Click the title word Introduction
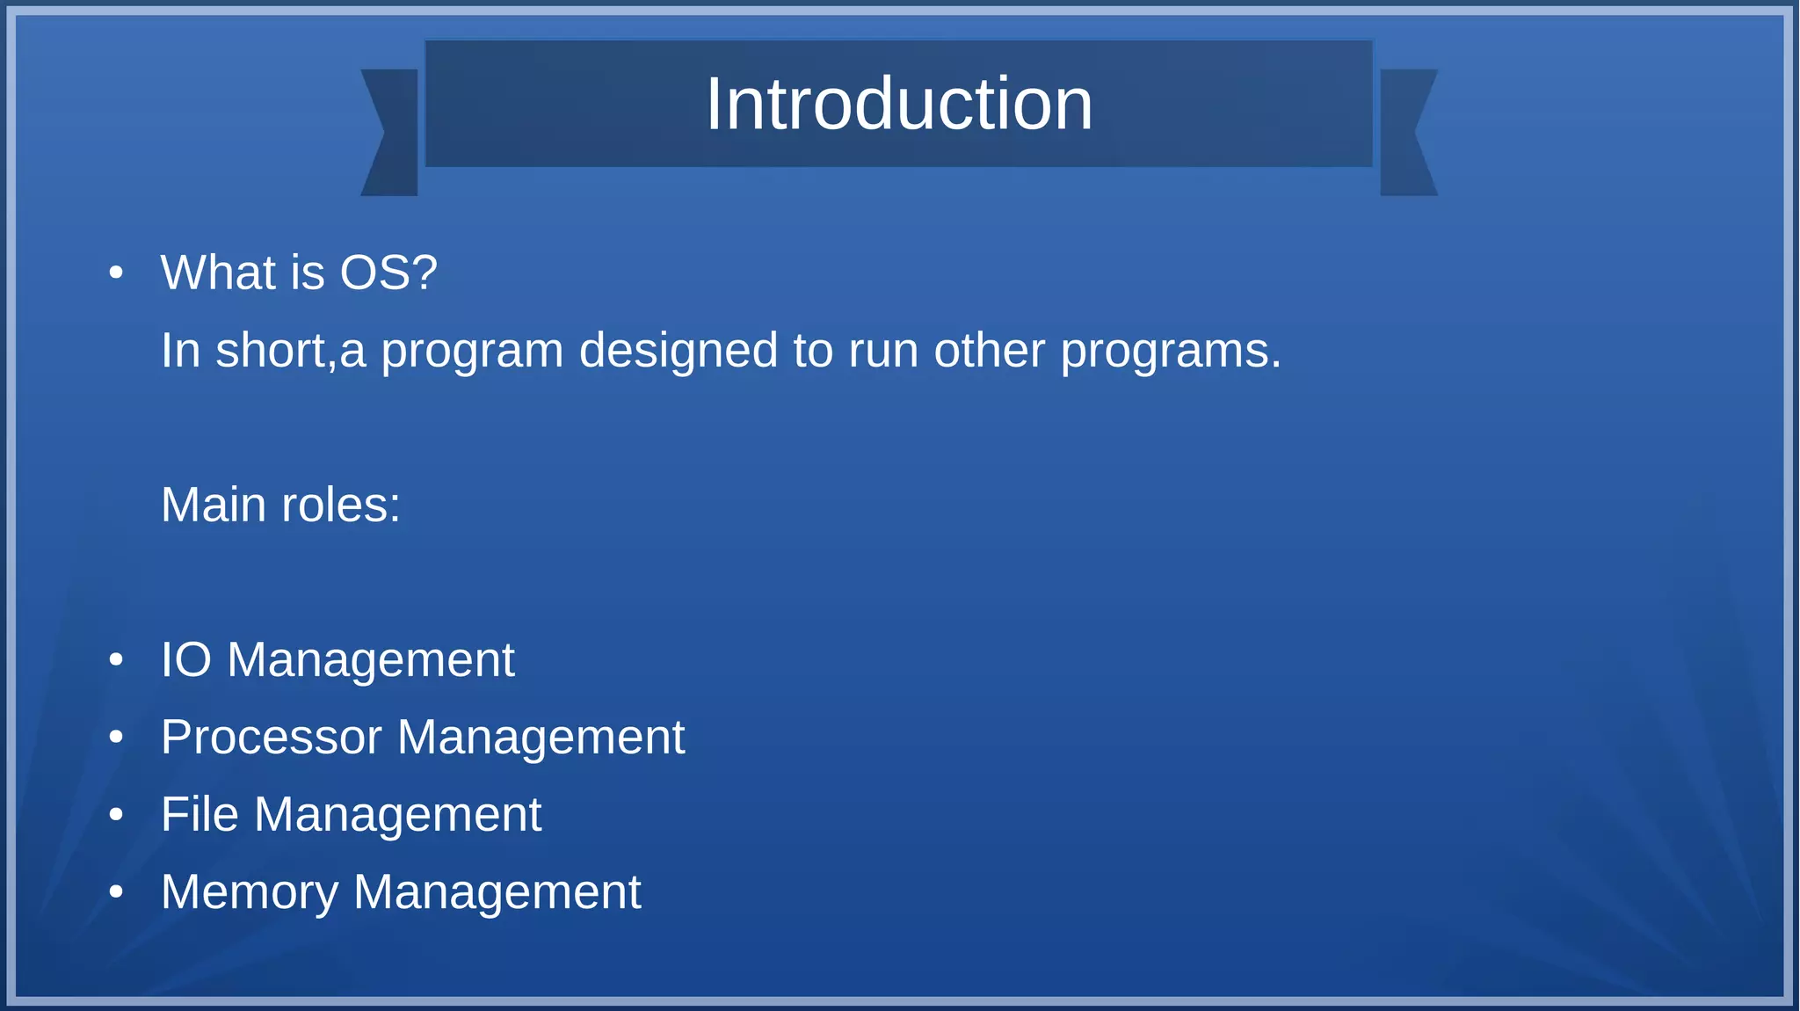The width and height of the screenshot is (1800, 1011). point(899,105)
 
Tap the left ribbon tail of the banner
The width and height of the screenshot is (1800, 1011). point(392,133)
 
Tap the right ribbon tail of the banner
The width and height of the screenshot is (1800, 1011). point(1406,133)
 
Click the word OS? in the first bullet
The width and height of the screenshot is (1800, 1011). point(388,273)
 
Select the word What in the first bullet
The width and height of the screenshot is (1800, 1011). point(218,273)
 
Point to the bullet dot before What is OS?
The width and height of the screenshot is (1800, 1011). point(116,273)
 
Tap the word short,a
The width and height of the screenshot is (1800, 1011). point(290,351)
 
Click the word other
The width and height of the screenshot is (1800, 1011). point(989,351)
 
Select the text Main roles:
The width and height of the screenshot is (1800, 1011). point(280,505)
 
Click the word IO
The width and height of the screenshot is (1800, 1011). point(186,660)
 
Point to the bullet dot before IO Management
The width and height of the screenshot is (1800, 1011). point(116,660)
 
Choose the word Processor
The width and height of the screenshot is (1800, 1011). point(271,738)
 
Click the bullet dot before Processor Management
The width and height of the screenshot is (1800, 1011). point(116,738)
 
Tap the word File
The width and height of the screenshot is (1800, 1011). point(200,815)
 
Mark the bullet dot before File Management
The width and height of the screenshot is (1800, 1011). point(116,815)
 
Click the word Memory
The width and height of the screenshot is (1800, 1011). point(250,892)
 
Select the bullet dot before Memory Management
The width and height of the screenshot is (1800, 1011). point(116,892)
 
